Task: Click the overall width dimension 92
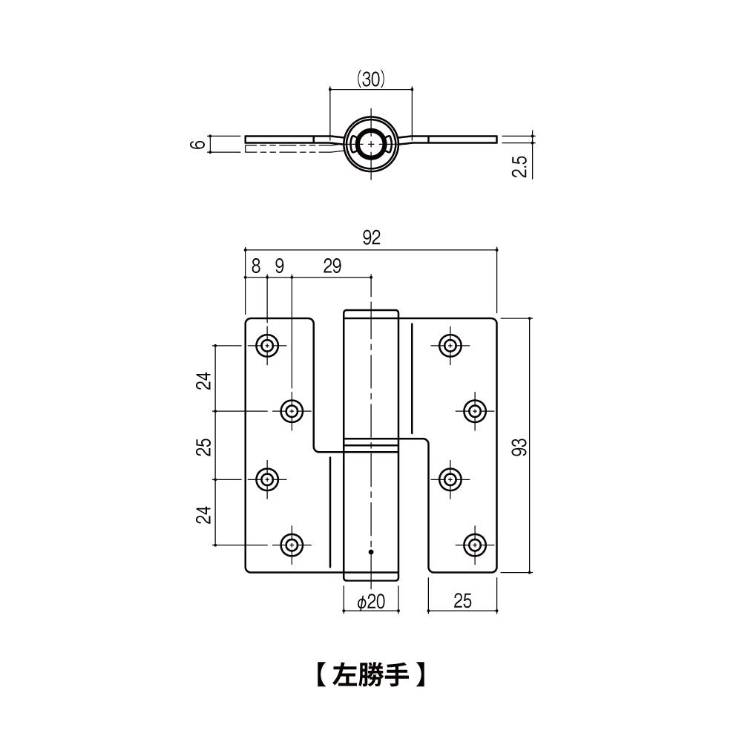tap(371, 238)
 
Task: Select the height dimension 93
tap(519, 446)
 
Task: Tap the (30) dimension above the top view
tap(370, 79)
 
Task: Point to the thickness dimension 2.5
tap(520, 165)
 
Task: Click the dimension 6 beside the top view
tap(196, 144)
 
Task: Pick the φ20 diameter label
tap(370, 602)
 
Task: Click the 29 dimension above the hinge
tap(332, 266)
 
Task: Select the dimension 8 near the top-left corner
tap(256, 266)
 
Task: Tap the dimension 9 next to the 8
tap(279, 266)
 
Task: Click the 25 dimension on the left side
tap(205, 446)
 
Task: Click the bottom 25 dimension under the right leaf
tap(462, 602)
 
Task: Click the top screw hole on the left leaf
tap(267, 345)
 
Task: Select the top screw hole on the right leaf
tap(450, 345)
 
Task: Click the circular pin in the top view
tap(370, 143)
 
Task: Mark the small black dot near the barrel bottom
tap(371, 552)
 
